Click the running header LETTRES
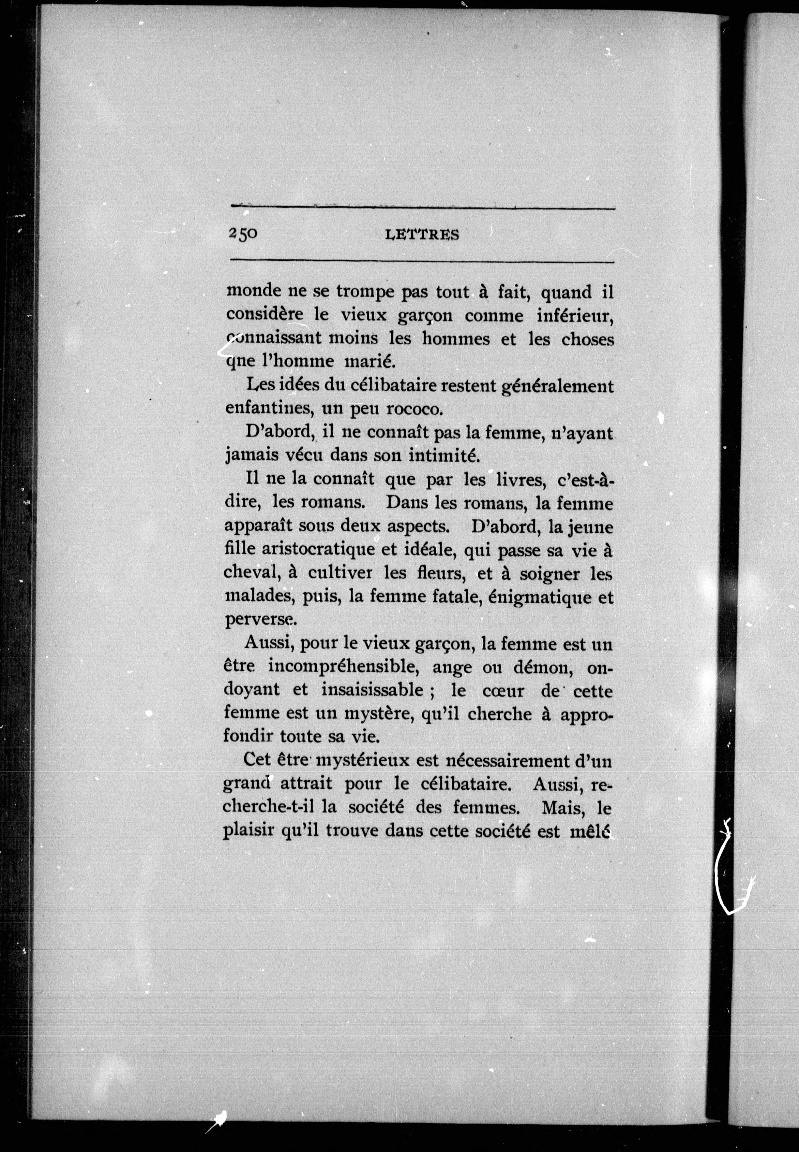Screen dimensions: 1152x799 [423, 234]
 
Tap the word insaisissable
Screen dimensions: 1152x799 [373, 691]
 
